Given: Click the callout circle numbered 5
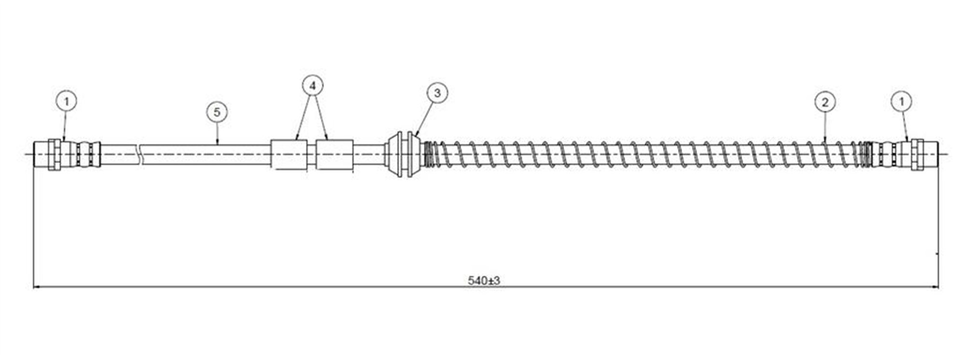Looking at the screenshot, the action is click(217, 112).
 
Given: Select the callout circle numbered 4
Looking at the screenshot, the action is click(313, 86).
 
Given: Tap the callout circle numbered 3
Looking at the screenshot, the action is click(437, 93).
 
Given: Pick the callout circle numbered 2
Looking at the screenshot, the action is click(825, 102).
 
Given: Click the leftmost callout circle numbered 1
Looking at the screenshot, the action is click(66, 101).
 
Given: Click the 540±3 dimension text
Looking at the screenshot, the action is click(483, 280).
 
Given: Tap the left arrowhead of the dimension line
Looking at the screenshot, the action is click(36, 288).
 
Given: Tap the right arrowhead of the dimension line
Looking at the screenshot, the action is click(935, 288).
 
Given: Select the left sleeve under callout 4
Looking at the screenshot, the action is click(289, 154).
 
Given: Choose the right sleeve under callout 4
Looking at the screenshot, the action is click(334, 154).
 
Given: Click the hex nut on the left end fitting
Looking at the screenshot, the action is click(54, 154).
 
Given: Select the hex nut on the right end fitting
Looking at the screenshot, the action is click(917, 154).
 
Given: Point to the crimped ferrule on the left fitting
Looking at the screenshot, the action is click(82, 154).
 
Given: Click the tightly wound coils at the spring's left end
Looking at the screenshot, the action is click(427, 154).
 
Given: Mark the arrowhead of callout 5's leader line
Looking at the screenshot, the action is click(218, 142).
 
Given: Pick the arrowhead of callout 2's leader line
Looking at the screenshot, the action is click(825, 139).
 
